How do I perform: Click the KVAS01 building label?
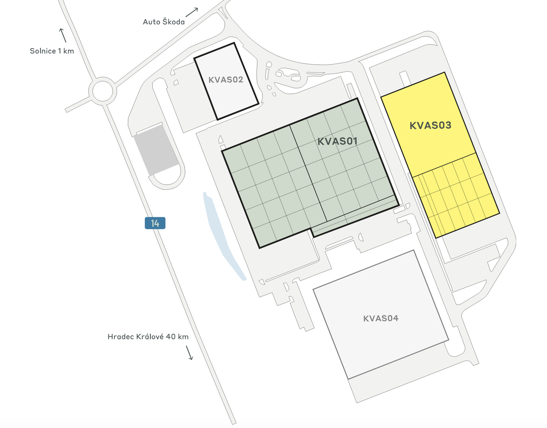337,141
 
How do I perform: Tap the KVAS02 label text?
226,80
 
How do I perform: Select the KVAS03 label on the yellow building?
430,125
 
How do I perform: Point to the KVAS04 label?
381,318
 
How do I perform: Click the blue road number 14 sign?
155,223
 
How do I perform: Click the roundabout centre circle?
103,90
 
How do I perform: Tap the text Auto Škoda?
164,22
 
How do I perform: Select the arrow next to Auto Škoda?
192,12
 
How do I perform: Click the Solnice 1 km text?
52,51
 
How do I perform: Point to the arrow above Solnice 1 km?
62,35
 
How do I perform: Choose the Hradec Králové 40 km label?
148,337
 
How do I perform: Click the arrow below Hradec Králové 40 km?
190,353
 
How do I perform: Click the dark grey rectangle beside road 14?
156,150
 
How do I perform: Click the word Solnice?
43,51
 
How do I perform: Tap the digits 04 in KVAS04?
392,318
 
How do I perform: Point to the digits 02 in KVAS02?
237,80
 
